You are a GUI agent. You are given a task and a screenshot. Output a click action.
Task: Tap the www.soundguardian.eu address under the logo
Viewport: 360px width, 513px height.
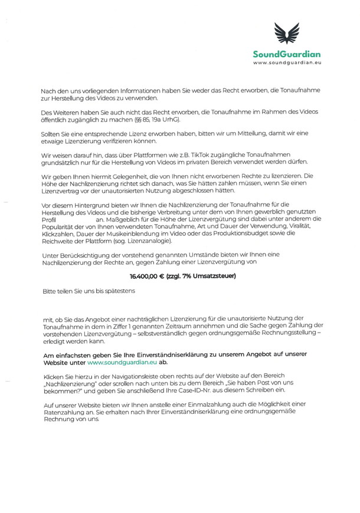click(287, 62)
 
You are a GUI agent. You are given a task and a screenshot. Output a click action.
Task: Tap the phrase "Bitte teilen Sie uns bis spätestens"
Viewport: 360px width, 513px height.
click(89, 291)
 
